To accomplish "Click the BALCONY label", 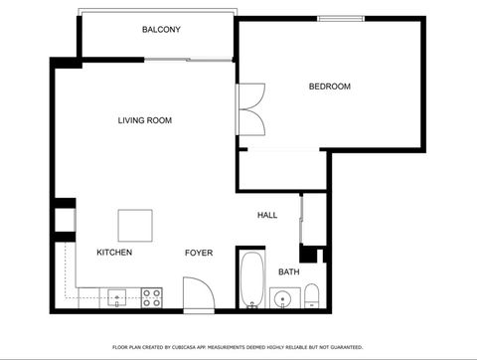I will (161, 30).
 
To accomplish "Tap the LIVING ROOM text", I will (145, 120).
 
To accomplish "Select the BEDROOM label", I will (329, 87).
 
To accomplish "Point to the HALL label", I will (267, 215).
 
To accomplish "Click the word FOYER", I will (199, 253).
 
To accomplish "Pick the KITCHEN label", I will (114, 253).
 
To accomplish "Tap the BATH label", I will (288, 271).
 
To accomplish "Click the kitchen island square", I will (135, 226).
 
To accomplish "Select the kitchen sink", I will (115, 296).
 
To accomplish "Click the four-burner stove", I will (152, 296).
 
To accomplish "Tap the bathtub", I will (251, 279).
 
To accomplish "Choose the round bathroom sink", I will (282, 297).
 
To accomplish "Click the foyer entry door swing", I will (197, 294).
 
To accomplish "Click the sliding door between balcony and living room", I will (186, 59).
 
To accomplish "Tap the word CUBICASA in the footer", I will (198, 347).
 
